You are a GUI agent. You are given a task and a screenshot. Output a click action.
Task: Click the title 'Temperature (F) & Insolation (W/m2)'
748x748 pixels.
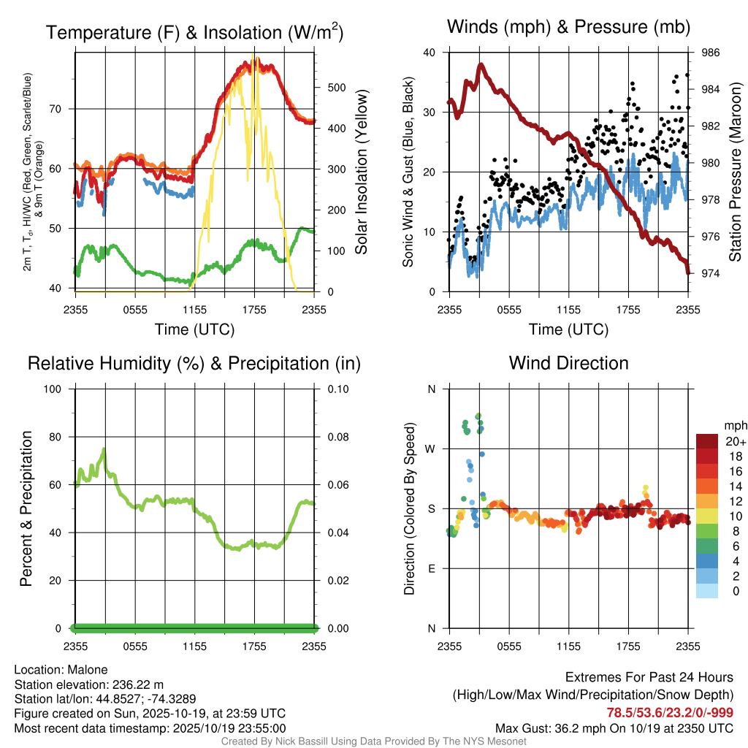194,32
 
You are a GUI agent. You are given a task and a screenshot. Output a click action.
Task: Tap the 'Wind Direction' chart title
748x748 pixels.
568,363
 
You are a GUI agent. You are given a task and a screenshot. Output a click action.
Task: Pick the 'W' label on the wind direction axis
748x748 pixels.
432,449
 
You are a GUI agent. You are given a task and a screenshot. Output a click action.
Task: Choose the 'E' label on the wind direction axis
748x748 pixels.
432,568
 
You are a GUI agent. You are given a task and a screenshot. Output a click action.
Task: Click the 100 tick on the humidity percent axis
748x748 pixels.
57,389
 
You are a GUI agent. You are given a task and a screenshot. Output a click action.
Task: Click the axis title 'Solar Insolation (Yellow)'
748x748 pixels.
362,172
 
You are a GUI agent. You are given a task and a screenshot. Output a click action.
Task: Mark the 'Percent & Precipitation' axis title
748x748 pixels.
27,508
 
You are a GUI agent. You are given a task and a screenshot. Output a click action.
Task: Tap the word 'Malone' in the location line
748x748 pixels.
88,670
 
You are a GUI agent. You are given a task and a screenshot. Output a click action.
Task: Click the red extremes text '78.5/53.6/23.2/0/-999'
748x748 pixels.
670,713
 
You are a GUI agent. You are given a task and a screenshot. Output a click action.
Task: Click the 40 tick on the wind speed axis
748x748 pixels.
430,53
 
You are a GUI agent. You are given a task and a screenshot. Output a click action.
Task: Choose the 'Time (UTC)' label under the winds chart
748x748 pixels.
569,329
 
